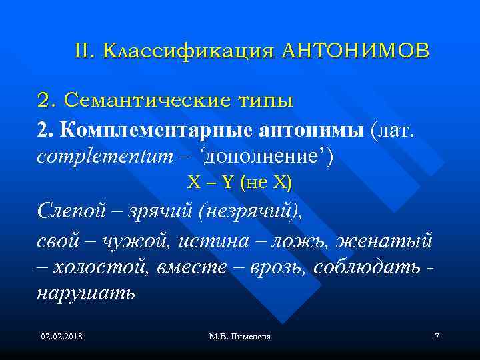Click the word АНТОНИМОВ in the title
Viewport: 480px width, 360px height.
[x=356, y=51]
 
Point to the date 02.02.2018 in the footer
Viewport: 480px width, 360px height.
[x=61, y=337]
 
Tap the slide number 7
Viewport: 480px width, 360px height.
[x=437, y=337]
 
